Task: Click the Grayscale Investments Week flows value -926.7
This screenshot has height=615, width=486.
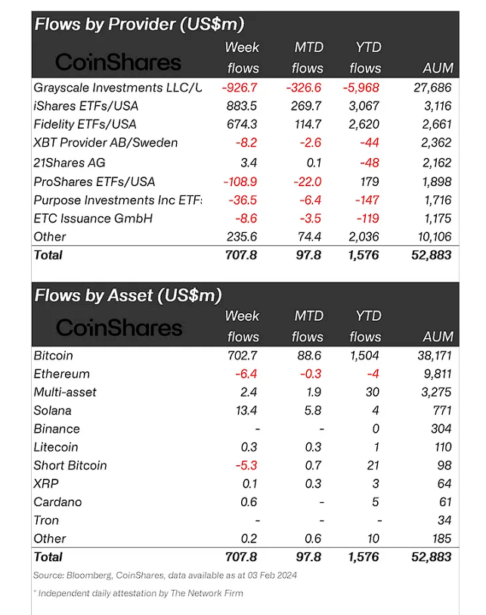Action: [x=240, y=87]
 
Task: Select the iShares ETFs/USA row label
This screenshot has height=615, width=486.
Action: [x=86, y=106]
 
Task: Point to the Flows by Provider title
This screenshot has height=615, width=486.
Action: [x=139, y=23]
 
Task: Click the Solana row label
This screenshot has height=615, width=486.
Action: [x=53, y=411]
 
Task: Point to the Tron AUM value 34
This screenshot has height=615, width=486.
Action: [x=444, y=520]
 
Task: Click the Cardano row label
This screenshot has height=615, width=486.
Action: [x=58, y=502]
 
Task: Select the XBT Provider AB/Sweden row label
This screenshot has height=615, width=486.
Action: [x=107, y=143]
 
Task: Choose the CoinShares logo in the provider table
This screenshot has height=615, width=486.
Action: [x=119, y=61]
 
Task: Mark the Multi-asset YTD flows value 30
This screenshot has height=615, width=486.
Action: [x=373, y=392]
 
